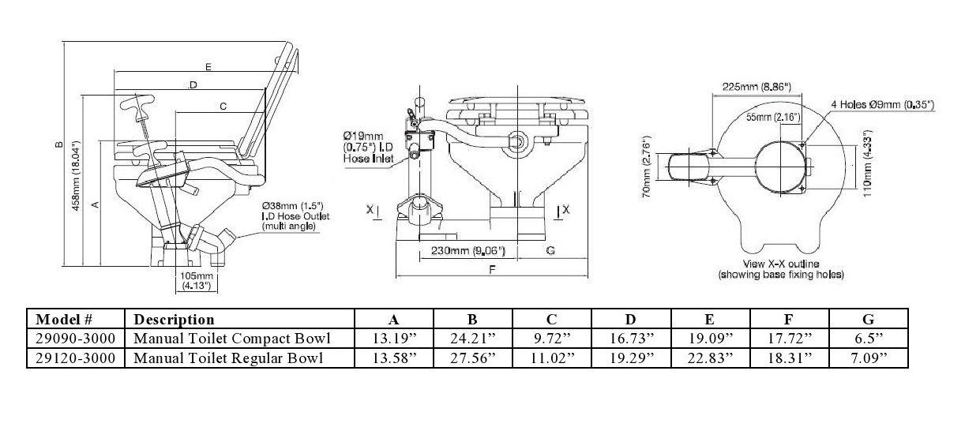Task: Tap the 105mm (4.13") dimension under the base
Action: (x=193, y=280)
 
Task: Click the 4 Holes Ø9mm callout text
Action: (x=882, y=103)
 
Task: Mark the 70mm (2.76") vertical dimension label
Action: (x=645, y=169)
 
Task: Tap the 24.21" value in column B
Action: (x=472, y=339)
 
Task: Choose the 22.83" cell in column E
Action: (x=709, y=358)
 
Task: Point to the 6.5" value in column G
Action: (x=868, y=339)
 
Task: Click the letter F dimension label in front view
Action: (x=492, y=269)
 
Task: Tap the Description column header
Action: (x=175, y=320)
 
